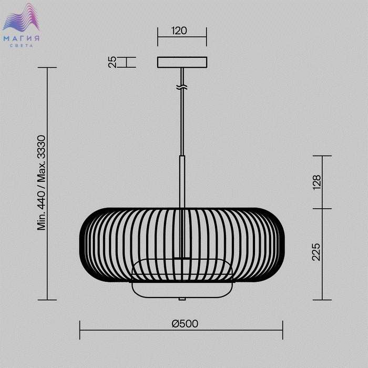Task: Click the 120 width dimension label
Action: pos(179,30)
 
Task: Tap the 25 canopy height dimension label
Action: pos(113,62)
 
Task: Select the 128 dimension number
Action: pos(316,182)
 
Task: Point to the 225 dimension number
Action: pos(316,252)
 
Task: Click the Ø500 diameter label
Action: pos(185,324)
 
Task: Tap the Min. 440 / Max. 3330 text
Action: pos(42,182)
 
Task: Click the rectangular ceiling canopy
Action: pos(182,62)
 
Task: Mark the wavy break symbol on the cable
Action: pos(182,88)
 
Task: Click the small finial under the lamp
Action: pos(182,299)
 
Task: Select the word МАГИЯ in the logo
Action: pos(22,38)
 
